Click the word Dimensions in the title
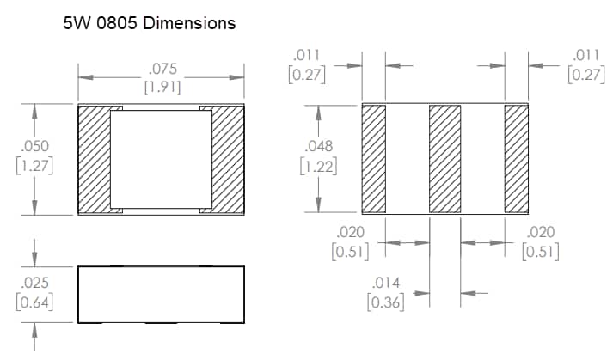click(x=190, y=23)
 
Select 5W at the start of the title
click(x=76, y=23)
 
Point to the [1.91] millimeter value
click(x=162, y=87)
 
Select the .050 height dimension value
click(x=34, y=148)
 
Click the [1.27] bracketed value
click(x=34, y=166)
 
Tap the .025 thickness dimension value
click(x=34, y=284)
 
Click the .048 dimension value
click(x=318, y=148)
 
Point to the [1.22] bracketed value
click(x=318, y=166)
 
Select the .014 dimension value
click(x=385, y=284)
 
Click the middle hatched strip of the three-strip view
click(x=445, y=158)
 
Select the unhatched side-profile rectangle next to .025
click(x=161, y=295)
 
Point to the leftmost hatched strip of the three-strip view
click(x=373, y=158)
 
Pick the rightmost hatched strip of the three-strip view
click(x=516, y=158)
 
